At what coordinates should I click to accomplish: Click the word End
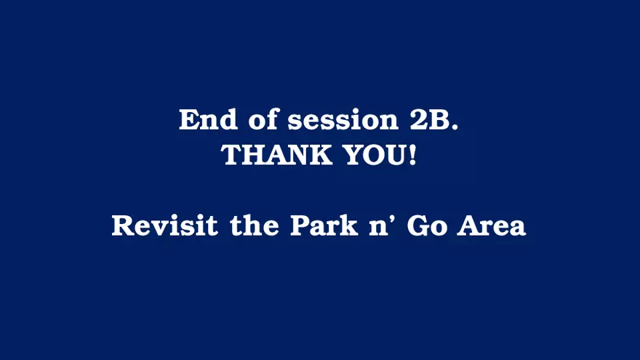click(x=208, y=119)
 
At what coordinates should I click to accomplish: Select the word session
click(x=343, y=120)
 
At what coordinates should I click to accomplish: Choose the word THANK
click(x=276, y=155)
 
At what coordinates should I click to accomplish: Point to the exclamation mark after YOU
click(x=412, y=155)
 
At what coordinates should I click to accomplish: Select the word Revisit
click(x=165, y=225)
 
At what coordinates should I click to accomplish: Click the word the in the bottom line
click(x=255, y=225)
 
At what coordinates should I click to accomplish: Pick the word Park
click(x=324, y=225)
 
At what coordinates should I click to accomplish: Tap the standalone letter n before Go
click(x=378, y=228)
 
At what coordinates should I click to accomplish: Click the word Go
click(x=427, y=225)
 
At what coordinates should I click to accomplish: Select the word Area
click(x=491, y=225)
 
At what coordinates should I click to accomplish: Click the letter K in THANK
click(x=319, y=155)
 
